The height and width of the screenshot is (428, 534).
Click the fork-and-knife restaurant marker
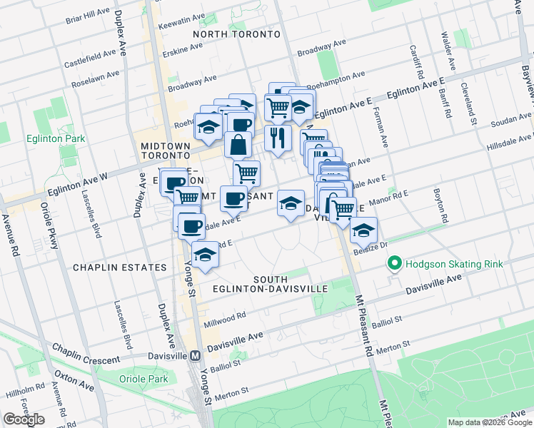point(278,138)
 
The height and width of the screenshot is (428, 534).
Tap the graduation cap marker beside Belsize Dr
point(363,230)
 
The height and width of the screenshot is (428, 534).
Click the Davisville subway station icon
point(195,355)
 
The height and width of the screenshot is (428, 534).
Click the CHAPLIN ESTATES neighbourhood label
point(119,267)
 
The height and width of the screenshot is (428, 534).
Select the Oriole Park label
point(145,379)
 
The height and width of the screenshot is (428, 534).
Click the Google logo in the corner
point(24,419)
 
